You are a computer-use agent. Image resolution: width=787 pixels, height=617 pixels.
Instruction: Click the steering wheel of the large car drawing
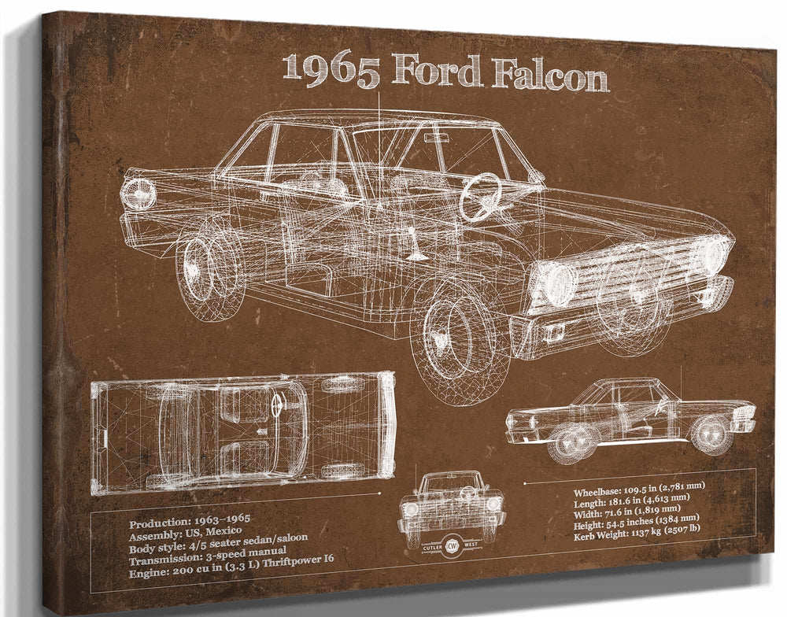(x=480, y=196)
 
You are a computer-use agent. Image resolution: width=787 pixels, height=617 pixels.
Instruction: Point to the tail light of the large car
(x=139, y=194)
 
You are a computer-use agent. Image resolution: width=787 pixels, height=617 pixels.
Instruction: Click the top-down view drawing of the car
(x=242, y=432)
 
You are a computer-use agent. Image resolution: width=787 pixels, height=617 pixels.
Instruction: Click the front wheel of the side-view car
(x=710, y=434)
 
